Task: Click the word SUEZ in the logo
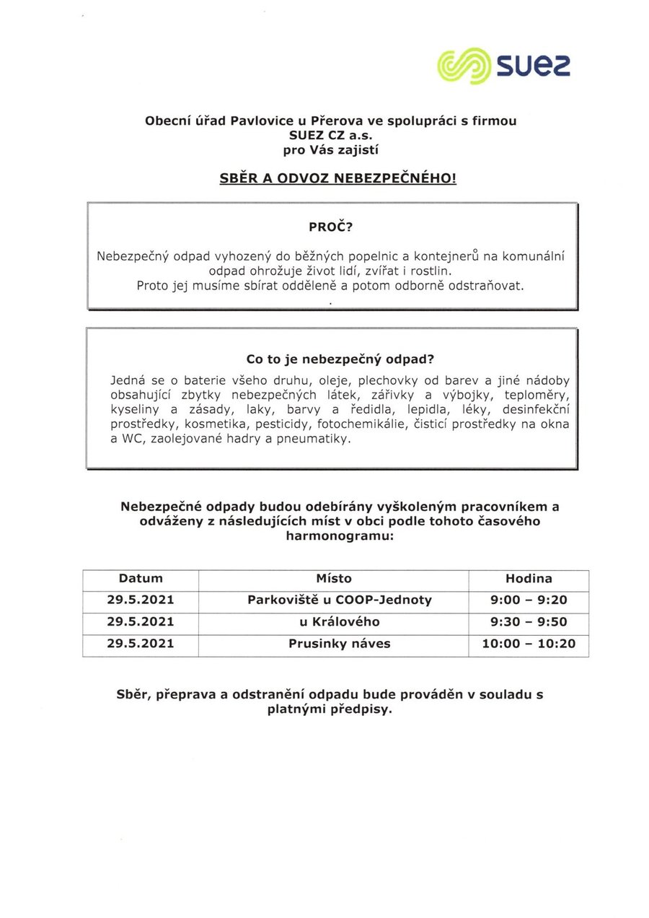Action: (531, 66)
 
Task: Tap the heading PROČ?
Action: (331, 226)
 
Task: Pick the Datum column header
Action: (141, 578)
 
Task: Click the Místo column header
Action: (333, 578)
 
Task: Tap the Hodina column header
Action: (528, 578)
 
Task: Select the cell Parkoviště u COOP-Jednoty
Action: (339, 600)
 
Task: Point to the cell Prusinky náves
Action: (339, 643)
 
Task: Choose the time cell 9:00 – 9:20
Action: (528, 600)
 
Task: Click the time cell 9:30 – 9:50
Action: (528, 621)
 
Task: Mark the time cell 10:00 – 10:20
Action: (528, 643)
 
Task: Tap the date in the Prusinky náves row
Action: (141, 643)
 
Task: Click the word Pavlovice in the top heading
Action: (258, 121)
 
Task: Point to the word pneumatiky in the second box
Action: (318, 439)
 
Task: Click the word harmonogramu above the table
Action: (340, 537)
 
